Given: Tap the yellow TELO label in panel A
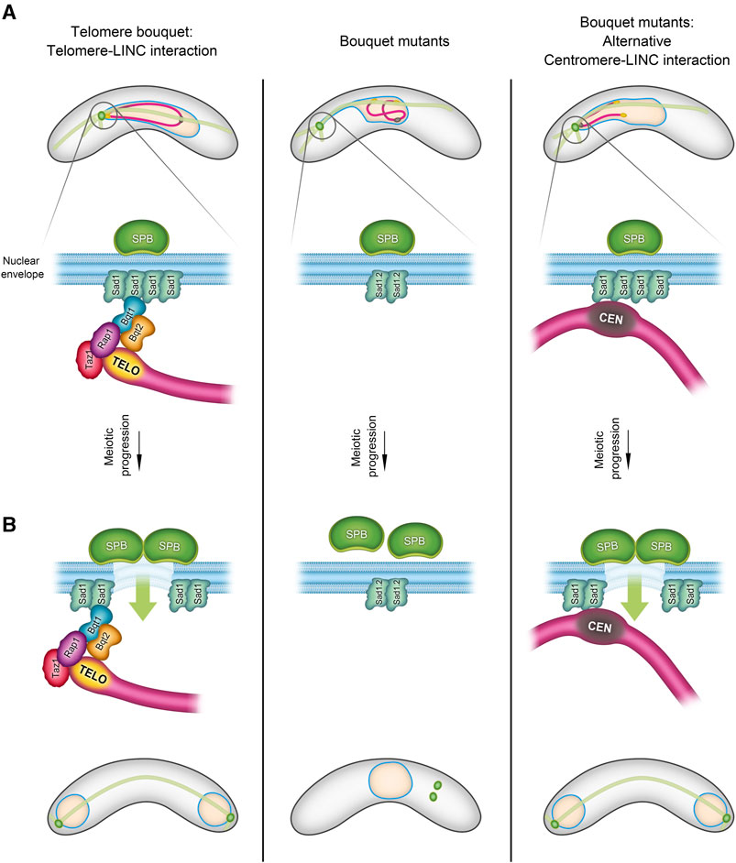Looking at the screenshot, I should (x=125, y=364).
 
